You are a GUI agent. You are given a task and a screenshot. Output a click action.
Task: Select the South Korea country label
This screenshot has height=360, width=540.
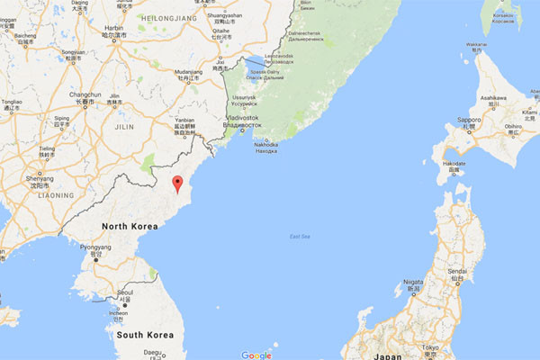(144, 335)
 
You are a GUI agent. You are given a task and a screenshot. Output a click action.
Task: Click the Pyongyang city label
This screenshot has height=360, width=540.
(96, 247)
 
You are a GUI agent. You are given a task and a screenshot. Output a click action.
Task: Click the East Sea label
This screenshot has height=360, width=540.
(300, 237)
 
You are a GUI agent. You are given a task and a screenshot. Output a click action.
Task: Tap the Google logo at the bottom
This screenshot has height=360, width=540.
(256, 355)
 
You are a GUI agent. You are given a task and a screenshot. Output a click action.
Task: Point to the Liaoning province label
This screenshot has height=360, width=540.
(55, 194)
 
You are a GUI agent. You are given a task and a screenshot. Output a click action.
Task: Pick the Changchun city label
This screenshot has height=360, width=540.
(85, 94)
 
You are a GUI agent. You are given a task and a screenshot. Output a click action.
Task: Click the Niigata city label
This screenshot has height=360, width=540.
(413, 282)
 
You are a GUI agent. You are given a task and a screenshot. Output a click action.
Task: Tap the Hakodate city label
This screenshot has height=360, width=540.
(454, 163)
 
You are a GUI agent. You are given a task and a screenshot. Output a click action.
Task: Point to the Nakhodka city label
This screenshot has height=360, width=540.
(266, 144)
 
